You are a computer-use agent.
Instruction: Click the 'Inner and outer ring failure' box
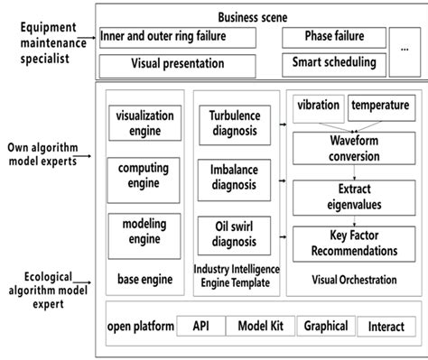(175, 37)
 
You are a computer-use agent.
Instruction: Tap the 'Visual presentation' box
(175, 65)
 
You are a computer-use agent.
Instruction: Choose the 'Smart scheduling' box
(335, 64)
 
